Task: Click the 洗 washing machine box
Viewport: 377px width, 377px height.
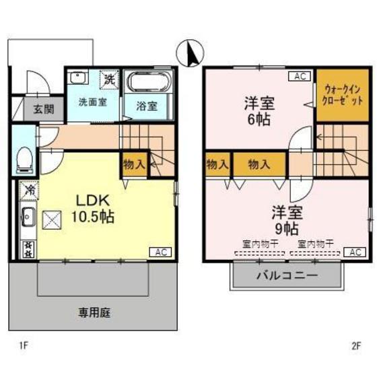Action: coord(109,79)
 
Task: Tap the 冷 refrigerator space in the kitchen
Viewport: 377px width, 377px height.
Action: coord(28,191)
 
